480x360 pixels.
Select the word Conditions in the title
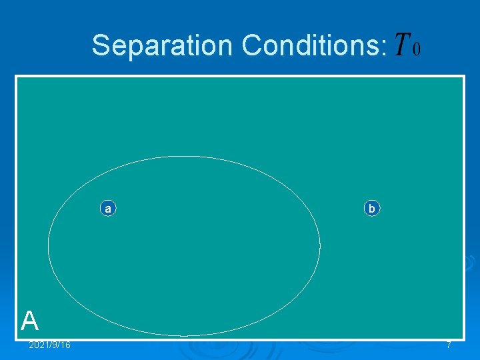(311, 46)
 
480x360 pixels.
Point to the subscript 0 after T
(417, 51)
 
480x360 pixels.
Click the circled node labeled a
(107, 209)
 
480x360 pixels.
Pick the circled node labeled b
(372, 209)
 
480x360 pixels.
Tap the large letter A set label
(29, 321)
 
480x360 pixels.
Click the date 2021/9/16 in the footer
(50, 345)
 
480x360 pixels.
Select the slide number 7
(449, 345)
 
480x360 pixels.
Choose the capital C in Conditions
(251, 46)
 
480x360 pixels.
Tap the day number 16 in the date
(65, 345)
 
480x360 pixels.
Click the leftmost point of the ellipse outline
(48, 245)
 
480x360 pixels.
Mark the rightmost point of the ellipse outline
(320, 245)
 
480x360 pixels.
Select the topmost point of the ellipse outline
(184, 157)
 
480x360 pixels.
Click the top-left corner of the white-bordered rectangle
(17, 76)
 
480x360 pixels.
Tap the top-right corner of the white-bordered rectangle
(463, 76)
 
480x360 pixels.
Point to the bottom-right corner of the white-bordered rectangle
(463, 339)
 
